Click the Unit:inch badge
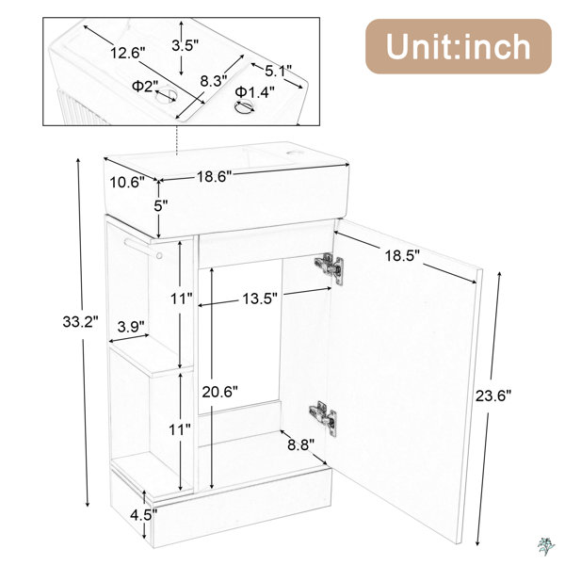[x=459, y=46]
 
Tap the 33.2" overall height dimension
[x=80, y=321]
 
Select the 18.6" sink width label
[x=214, y=177]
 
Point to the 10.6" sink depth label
[x=127, y=182]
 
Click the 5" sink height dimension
[x=161, y=205]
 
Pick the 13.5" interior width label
[x=260, y=299]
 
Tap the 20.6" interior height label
[x=219, y=392]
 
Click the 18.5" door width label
[x=402, y=256]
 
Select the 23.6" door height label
[x=493, y=395]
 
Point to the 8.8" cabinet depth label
[x=301, y=444]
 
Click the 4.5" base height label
[x=144, y=515]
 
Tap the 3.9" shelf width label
[x=131, y=327]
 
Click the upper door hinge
[x=329, y=267]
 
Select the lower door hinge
[x=323, y=417]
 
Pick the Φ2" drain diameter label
[x=145, y=86]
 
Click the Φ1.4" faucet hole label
[x=255, y=92]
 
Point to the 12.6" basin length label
[x=127, y=53]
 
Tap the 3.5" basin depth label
[x=186, y=46]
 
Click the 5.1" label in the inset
[x=278, y=71]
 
